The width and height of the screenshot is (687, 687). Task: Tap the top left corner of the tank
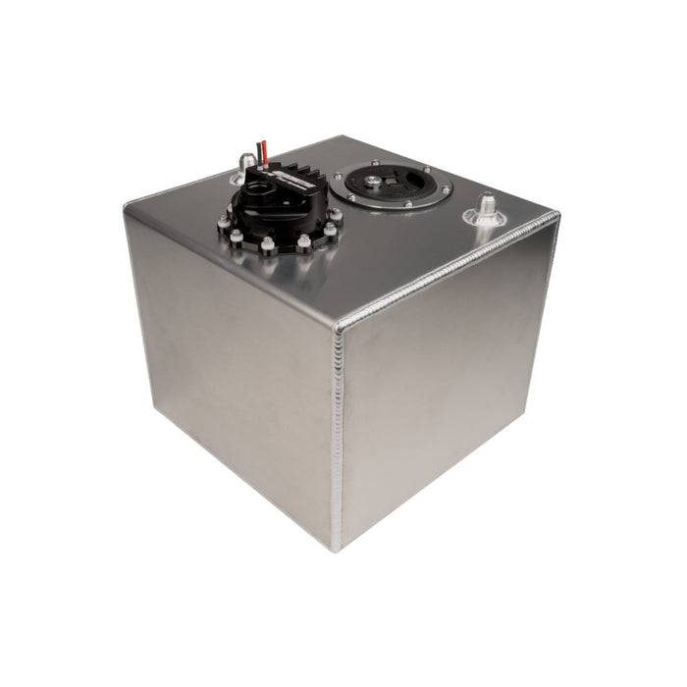pos(128,206)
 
